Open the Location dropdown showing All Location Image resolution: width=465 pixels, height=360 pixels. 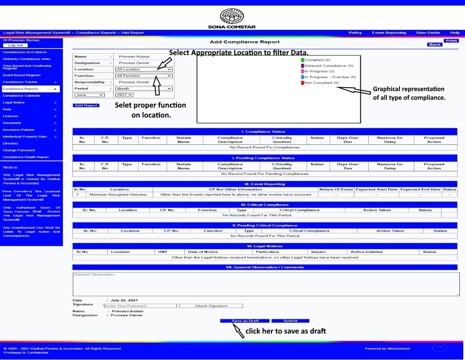click(x=144, y=69)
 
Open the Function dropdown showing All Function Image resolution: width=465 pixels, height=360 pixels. click(x=144, y=76)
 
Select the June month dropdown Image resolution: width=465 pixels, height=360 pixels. click(x=89, y=95)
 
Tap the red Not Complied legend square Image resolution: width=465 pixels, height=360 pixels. click(x=303, y=83)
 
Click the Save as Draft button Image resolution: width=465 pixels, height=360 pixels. click(x=245, y=321)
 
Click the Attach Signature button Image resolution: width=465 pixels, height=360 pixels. click(x=211, y=306)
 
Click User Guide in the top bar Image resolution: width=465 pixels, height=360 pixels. click(x=427, y=33)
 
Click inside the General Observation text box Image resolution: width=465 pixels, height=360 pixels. click(x=265, y=284)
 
